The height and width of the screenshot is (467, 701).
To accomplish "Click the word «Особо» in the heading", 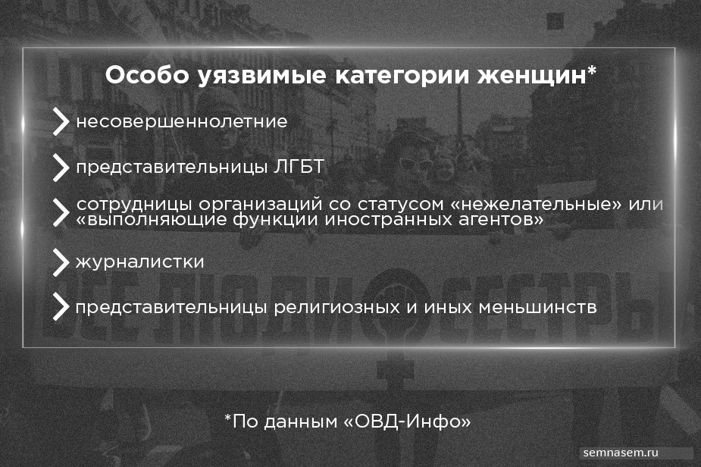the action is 147,75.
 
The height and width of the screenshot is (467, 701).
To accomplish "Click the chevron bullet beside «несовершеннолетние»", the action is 61,121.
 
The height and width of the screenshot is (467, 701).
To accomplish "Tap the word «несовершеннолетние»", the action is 182,121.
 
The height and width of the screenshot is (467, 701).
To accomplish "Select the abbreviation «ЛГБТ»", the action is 299,168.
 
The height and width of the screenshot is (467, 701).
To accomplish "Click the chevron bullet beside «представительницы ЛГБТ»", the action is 61,168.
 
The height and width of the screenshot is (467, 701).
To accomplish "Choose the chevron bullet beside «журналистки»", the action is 61,262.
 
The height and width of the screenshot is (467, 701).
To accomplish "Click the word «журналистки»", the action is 140,262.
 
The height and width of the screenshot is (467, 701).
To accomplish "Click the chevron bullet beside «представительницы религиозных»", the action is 61,307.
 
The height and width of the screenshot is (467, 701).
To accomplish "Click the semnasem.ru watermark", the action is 621,453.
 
